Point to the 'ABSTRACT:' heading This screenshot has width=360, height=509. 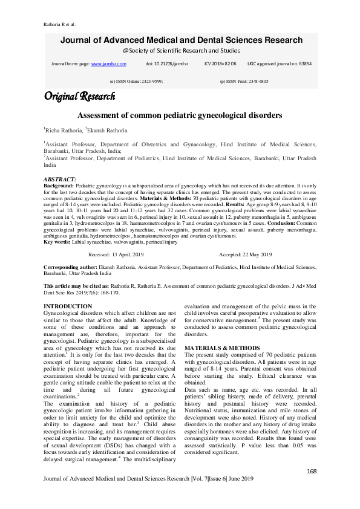pos(60,180)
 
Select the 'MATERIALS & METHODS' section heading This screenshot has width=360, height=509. pos(223,349)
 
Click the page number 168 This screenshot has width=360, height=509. pos(312,471)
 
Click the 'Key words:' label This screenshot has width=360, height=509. pos(57,259)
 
